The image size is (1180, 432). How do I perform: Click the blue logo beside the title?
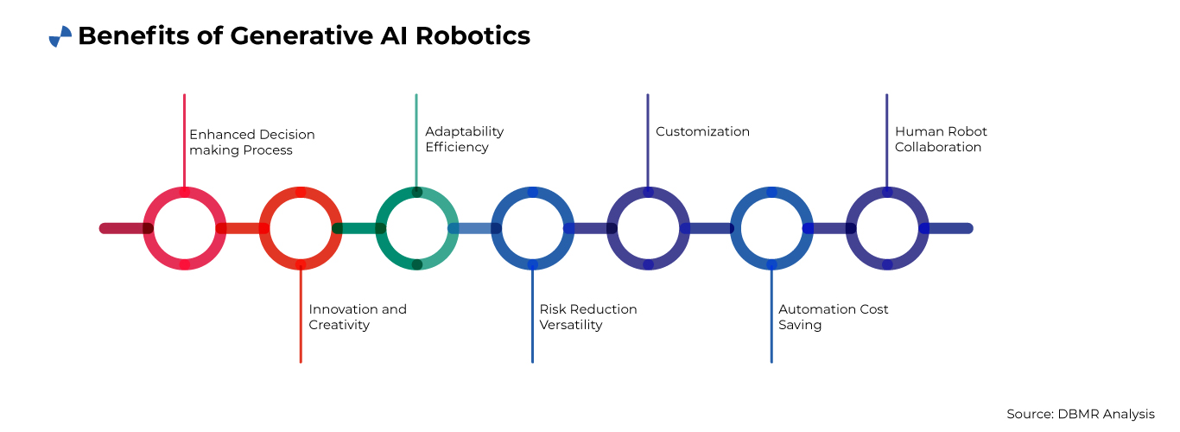[60, 36]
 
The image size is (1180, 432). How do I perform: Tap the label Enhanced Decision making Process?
[252, 143]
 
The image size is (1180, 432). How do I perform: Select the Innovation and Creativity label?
[358, 317]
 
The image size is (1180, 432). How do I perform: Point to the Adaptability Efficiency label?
[464, 139]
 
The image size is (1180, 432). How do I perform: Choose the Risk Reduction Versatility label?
[588, 317]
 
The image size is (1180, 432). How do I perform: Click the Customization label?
[702, 132]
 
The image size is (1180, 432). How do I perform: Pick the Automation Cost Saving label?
[833, 317]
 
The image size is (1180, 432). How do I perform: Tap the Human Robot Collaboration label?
[941, 139]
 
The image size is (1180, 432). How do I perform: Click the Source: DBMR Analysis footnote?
[1080, 414]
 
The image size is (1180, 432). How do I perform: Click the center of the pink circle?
[185, 228]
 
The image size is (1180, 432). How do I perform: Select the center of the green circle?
[416, 228]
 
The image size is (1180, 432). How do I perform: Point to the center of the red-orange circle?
[301, 228]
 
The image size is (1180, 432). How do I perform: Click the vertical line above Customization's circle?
[648, 138]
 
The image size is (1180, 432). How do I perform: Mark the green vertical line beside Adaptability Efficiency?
[416, 138]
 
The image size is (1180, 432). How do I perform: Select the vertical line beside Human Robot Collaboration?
[886, 138]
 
